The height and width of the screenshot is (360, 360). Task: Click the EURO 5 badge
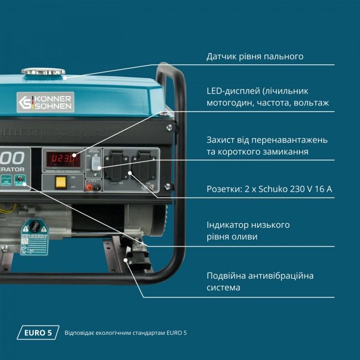(x=38, y=333)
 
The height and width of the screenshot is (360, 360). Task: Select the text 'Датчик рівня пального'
(x=255, y=56)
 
